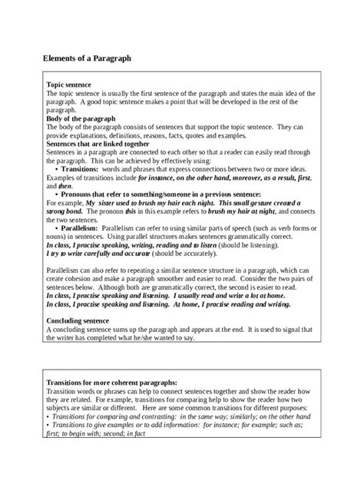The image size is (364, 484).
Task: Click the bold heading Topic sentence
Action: click(x=69, y=84)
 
